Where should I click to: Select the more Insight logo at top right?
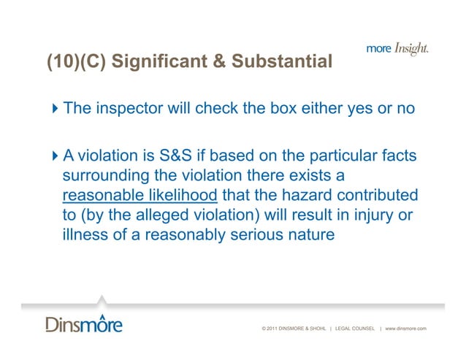pyautogui.click(x=397, y=49)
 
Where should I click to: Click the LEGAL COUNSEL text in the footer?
pyautogui.click(x=356, y=329)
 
